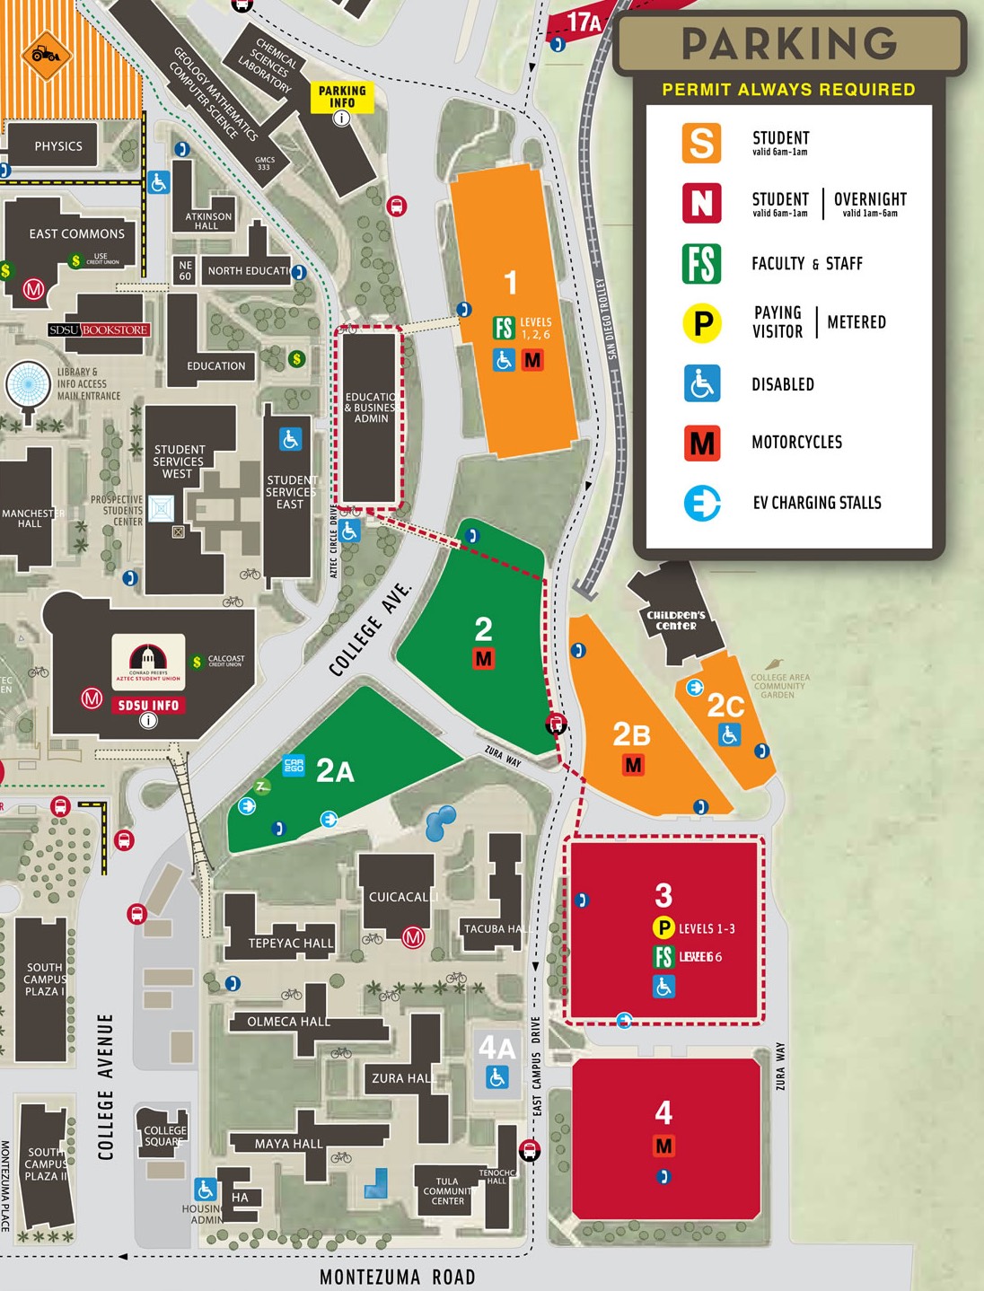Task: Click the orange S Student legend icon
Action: (x=701, y=143)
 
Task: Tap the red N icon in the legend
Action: (x=701, y=202)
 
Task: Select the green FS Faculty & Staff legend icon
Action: (x=701, y=263)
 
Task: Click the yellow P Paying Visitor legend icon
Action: (x=702, y=322)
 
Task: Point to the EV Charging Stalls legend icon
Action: (x=701, y=503)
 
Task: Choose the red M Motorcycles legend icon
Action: (x=701, y=443)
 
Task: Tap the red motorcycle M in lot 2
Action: (x=484, y=659)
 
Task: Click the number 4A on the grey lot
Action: (x=496, y=1048)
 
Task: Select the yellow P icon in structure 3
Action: (x=663, y=928)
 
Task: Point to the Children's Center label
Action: (x=676, y=620)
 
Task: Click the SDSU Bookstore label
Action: (x=99, y=330)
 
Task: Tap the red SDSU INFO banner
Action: (x=148, y=706)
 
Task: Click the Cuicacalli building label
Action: (x=403, y=897)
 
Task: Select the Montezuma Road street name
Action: (x=397, y=1277)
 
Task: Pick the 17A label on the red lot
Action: (x=583, y=22)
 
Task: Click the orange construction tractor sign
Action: (x=46, y=56)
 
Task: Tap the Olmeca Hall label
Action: (x=288, y=1022)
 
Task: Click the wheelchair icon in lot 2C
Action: (x=729, y=735)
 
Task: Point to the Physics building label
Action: (x=58, y=146)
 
